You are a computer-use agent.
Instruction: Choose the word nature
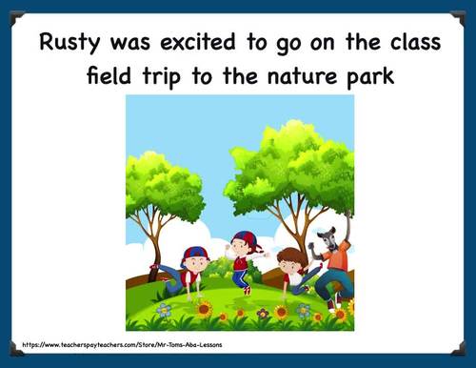(x=309, y=73)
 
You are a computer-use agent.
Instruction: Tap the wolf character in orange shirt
(x=332, y=262)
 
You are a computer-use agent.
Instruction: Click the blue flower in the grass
(x=164, y=310)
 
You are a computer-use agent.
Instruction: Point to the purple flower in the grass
(x=263, y=313)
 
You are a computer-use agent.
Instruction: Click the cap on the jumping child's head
(x=247, y=235)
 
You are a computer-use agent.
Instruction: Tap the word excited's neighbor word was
(x=135, y=42)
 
